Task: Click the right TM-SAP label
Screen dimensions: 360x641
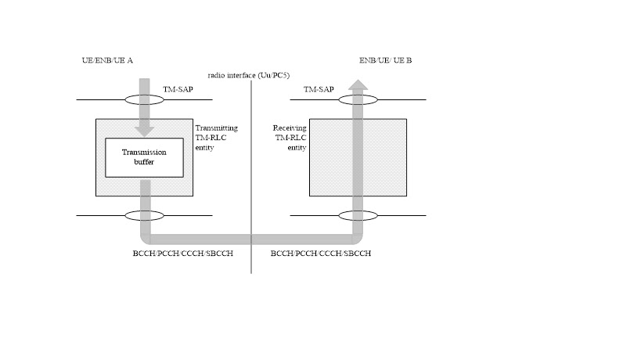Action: pos(319,90)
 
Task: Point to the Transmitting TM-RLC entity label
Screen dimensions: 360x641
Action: pos(215,136)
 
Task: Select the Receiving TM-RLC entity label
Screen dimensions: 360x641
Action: pos(286,136)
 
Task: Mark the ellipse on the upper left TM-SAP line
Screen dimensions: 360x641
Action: pos(145,100)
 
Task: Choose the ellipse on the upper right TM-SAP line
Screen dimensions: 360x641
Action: pos(358,100)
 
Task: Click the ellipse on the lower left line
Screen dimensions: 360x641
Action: pos(145,215)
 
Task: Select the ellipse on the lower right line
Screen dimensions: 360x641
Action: pos(358,215)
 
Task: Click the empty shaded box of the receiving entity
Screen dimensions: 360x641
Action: pos(329,157)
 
